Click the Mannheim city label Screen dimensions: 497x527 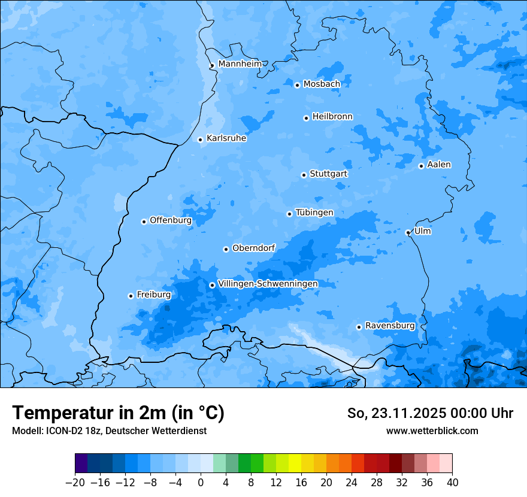point(240,64)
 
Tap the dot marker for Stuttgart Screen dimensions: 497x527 point(304,175)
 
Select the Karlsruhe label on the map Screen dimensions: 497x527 point(226,138)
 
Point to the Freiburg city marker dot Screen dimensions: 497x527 point(131,296)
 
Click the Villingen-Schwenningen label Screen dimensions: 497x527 point(268,284)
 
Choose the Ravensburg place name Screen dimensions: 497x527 point(390,326)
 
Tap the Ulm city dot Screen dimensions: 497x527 point(408,232)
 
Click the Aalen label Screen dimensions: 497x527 point(439,165)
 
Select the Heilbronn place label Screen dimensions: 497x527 point(332,117)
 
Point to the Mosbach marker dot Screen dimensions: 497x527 point(297,85)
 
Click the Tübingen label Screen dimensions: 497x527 point(314,213)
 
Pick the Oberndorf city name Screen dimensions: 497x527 point(254,248)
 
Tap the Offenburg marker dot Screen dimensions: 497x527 point(144,222)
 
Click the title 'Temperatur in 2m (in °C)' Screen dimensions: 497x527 point(118,413)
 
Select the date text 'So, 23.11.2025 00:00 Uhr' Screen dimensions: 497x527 point(430,413)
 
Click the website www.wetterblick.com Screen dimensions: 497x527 point(432,431)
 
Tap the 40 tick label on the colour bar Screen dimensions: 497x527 point(452,483)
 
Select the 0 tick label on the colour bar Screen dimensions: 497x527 point(201,483)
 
